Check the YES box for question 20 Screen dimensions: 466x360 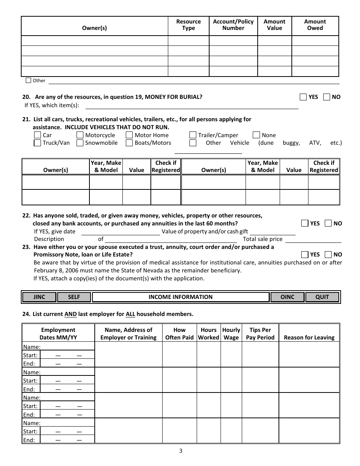coord(303,97)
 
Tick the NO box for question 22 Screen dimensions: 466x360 coord(328,223)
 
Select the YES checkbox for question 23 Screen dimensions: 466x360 coord(305,255)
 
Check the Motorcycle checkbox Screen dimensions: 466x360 coord(80,135)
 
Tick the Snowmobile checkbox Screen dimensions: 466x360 coord(80,143)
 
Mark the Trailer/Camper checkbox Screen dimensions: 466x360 coord(193,135)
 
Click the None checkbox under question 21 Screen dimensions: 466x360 coord(257,135)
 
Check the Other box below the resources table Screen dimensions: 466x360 coord(28,80)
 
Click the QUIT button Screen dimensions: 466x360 coord(322,297)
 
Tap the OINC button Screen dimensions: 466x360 coord(287,297)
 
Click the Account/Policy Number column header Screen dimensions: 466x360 coord(233,25)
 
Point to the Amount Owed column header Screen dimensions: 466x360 coord(315,25)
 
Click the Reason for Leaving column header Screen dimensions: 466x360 coord(309,338)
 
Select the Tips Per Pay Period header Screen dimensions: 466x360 coord(260,334)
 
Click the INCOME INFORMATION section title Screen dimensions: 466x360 coord(180,297)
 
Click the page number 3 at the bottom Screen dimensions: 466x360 coord(181,451)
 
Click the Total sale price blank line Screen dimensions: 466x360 coord(313,239)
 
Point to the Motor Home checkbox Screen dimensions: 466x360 coord(130,135)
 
